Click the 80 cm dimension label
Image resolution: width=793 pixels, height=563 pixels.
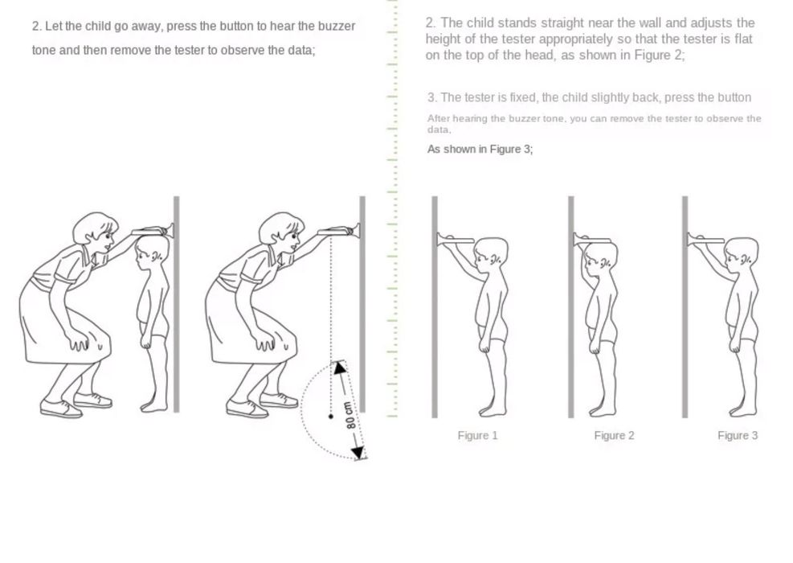350,415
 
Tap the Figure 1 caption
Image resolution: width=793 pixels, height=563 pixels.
477,435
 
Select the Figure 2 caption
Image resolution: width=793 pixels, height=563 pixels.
614,435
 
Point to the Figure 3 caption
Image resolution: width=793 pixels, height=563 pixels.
738,435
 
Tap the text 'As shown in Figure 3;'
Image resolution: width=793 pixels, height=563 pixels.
480,150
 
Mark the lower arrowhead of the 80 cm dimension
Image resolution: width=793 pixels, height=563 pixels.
358,452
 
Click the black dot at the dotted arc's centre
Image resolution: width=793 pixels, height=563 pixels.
331,416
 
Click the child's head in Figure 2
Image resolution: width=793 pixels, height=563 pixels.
600,257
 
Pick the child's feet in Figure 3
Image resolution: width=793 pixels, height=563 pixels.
743,409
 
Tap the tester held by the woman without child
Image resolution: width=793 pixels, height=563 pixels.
338,232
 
